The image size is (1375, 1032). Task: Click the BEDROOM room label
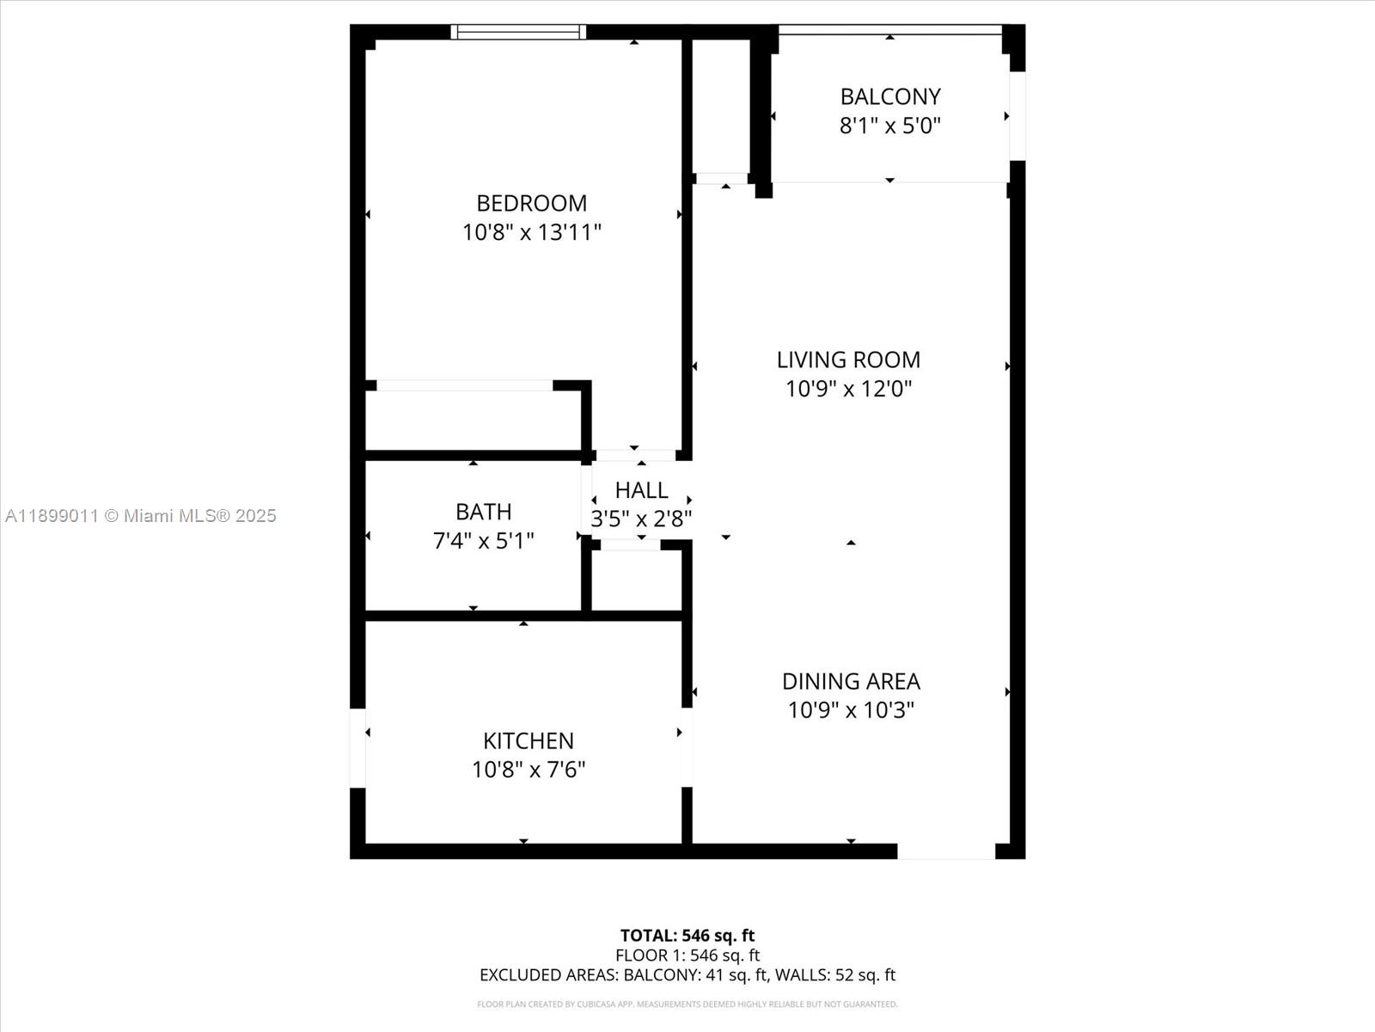point(531,203)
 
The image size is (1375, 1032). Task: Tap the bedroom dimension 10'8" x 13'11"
point(531,232)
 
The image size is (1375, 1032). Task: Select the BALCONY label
point(890,96)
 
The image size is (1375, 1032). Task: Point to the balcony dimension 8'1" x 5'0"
point(890,126)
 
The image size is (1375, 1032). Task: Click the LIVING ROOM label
point(848,359)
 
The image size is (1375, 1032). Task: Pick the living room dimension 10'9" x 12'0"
point(848,389)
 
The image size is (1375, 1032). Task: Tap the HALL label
point(641,490)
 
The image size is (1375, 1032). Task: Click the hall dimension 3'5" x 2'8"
point(641,519)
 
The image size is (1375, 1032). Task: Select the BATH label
point(483,512)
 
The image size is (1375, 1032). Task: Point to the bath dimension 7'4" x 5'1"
point(483,541)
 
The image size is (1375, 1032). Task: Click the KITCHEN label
point(528,740)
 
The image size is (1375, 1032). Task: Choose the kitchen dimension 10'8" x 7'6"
point(528,770)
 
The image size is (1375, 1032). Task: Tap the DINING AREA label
point(851,681)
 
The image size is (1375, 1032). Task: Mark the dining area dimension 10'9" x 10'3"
point(851,710)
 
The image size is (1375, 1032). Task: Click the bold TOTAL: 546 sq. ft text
point(687,935)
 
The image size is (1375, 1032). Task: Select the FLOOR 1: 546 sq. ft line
point(687,955)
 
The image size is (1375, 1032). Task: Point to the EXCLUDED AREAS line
point(687,974)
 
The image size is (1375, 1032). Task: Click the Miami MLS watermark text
point(141,516)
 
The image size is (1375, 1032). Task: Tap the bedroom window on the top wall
point(518,32)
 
